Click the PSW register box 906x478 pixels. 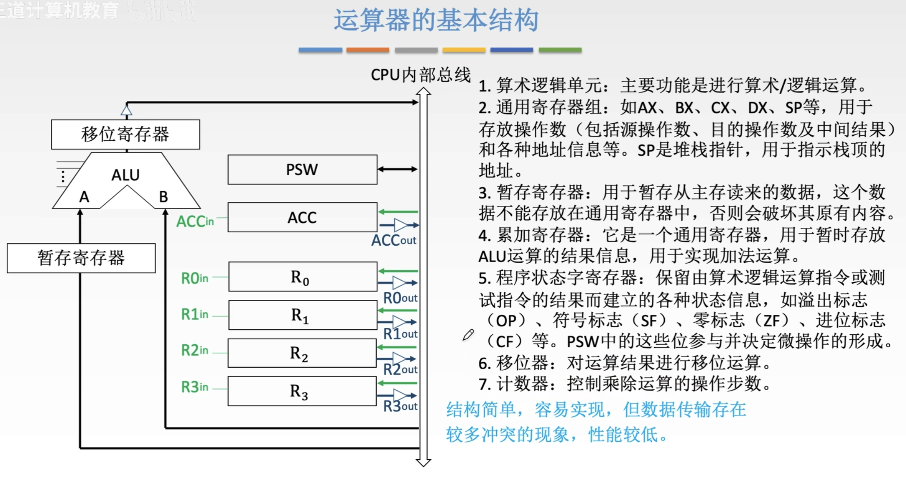[302, 169]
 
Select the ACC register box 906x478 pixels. [302, 217]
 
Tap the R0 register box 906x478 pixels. [302, 277]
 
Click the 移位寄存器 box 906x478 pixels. [125, 134]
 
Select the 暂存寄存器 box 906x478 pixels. [81, 258]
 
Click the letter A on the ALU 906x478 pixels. [84, 197]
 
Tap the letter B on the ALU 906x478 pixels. [163, 197]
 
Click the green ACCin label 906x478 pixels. [195, 222]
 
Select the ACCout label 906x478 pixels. [394, 241]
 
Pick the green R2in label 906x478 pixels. [195, 351]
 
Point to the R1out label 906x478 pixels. [400, 334]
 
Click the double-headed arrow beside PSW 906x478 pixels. [398, 169]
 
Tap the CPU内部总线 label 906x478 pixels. [420, 75]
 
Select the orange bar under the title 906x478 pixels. [368, 50]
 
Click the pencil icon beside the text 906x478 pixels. [468, 334]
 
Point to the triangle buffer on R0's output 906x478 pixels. [399, 283]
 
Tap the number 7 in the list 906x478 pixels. [484, 384]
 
